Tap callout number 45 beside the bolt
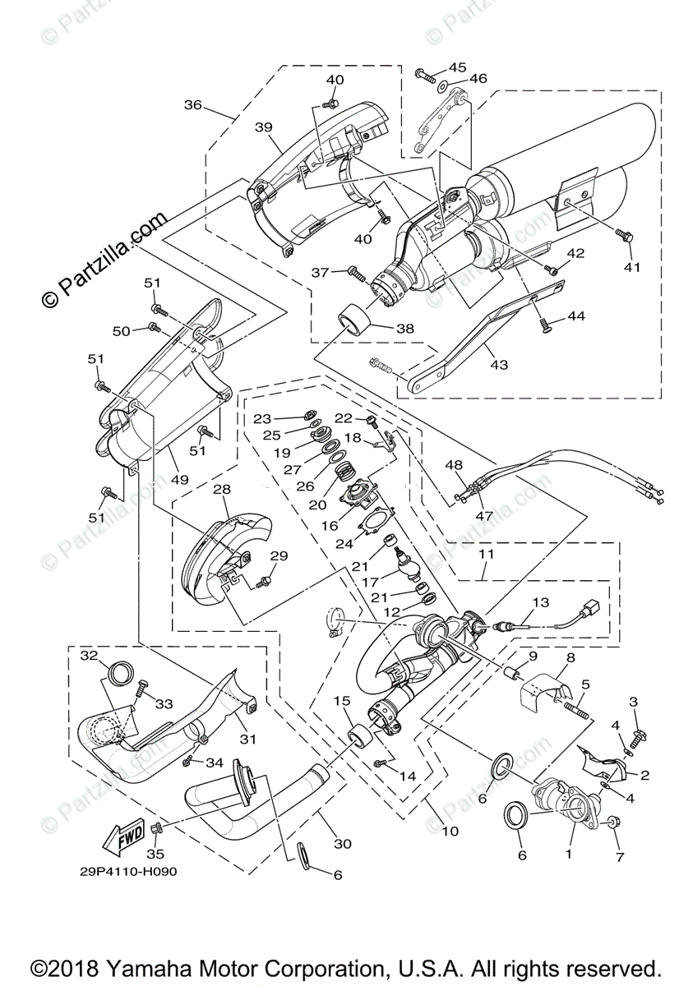click(x=456, y=67)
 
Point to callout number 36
click(x=192, y=104)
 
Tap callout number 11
click(x=486, y=556)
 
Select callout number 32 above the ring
click(x=90, y=654)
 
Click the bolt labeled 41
click(x=623, y=236)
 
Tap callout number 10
click(x=450, y=832)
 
